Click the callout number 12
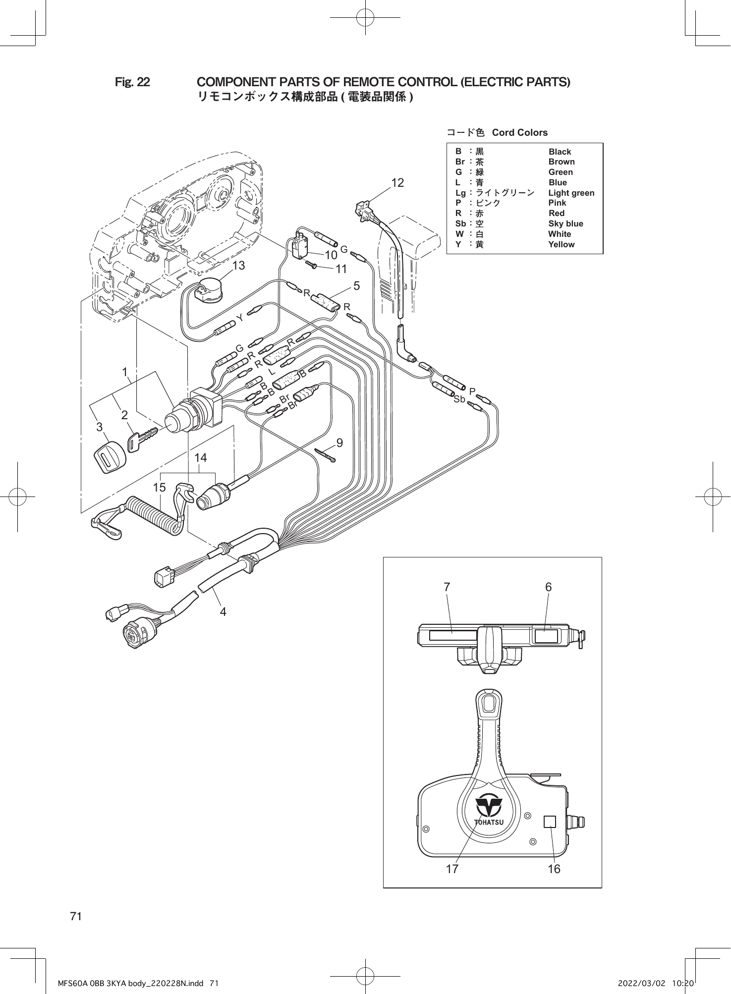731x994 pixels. coord(397,183)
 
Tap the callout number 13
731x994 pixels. coord(238,266)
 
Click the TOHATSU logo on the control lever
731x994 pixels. coord(489,811)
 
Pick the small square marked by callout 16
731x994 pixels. coord(550,822)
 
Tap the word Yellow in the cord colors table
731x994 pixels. coord(561,244)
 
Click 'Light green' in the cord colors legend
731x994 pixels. coord(571,193)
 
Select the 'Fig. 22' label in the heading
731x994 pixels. coord(132,82)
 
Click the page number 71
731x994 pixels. coord(76,916)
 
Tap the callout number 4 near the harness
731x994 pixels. coord(223,612)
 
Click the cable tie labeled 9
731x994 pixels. coord(327,454)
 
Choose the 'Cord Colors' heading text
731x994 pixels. coord(519,132)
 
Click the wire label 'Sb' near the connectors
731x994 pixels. coord(459,399)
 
